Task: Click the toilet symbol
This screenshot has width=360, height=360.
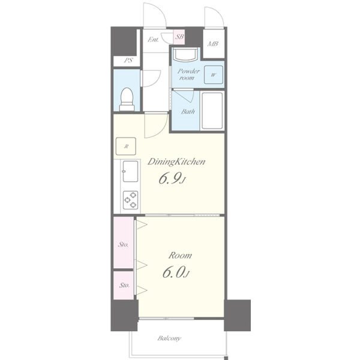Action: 127,99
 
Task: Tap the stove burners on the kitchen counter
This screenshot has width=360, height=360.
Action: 130,200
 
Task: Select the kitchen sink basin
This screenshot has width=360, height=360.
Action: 130,171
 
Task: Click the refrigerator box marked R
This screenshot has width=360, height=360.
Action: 126,146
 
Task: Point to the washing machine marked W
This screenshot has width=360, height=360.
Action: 214,74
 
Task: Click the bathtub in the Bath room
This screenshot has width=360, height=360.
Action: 212,111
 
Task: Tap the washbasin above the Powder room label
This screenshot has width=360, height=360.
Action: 185,54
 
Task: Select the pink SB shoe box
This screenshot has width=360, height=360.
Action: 179,37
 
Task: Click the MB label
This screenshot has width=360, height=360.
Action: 213,43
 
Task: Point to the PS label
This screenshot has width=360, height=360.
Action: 128,60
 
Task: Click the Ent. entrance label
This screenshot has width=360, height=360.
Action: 153,40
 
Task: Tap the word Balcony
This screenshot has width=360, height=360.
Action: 169,338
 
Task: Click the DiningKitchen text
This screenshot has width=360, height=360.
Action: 176,162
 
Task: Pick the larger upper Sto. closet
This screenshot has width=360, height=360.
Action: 124,242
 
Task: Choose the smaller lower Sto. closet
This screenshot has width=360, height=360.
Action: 124,286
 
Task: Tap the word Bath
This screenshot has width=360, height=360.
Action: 188,112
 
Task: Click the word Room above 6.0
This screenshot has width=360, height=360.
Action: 180,256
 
